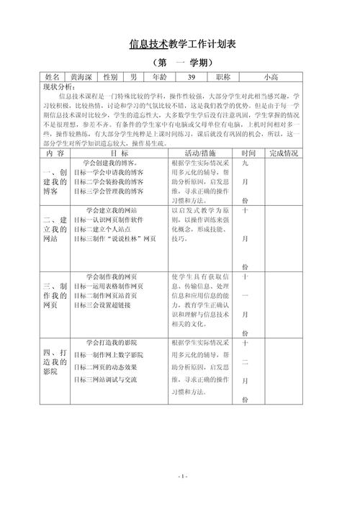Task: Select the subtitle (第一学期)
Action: coord(183,63)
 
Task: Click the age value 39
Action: coord(191,77)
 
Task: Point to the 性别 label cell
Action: coord(111,77)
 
